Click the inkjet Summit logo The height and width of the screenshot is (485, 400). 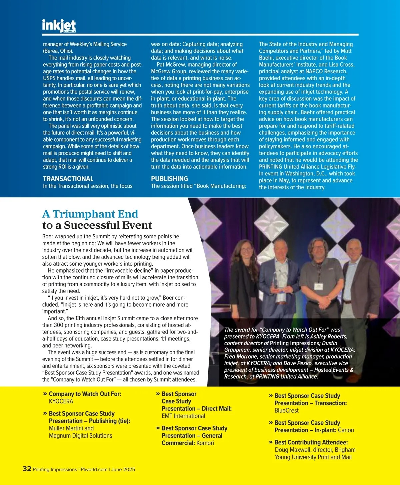click(x=59, y=26)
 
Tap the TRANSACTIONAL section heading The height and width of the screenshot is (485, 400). click(x=68, y=179)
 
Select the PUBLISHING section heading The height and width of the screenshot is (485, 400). click(x=169, y=179)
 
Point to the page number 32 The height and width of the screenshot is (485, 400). click(x=27, y=469)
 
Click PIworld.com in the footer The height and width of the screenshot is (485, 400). click(x=94, y=469)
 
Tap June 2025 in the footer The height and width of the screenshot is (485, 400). click(x=123, y=469)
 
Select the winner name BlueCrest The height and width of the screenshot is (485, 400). click(x=286, y=410)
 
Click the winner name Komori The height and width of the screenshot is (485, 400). click(x=205, y=443)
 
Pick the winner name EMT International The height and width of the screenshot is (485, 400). click(x=183, y=416)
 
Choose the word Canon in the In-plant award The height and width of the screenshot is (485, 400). click(x=346, y=430)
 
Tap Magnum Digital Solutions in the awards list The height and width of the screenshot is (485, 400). click(x=80, y=436)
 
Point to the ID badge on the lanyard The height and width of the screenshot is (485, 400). click(x=318, y=286)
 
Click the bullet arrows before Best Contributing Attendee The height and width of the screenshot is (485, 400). click(x=271, y=442)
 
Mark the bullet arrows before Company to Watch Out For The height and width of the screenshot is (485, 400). click(x=45, y=394)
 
